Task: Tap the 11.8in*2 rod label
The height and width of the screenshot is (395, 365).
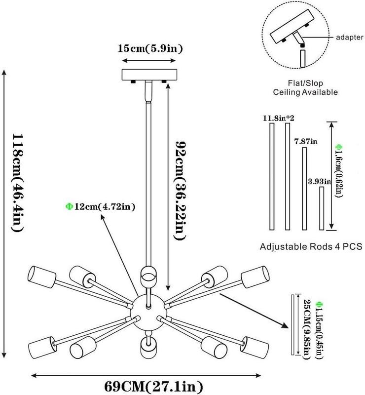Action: (279, 118)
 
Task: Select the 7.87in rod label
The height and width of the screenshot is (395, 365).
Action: (306, 142)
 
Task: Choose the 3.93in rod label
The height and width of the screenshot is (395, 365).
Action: (319, 181)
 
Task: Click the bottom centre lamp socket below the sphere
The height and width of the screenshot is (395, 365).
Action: (148, 346)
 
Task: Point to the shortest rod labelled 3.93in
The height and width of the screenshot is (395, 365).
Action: (322, 208)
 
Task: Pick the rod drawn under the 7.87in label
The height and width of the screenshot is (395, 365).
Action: (304, 189)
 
